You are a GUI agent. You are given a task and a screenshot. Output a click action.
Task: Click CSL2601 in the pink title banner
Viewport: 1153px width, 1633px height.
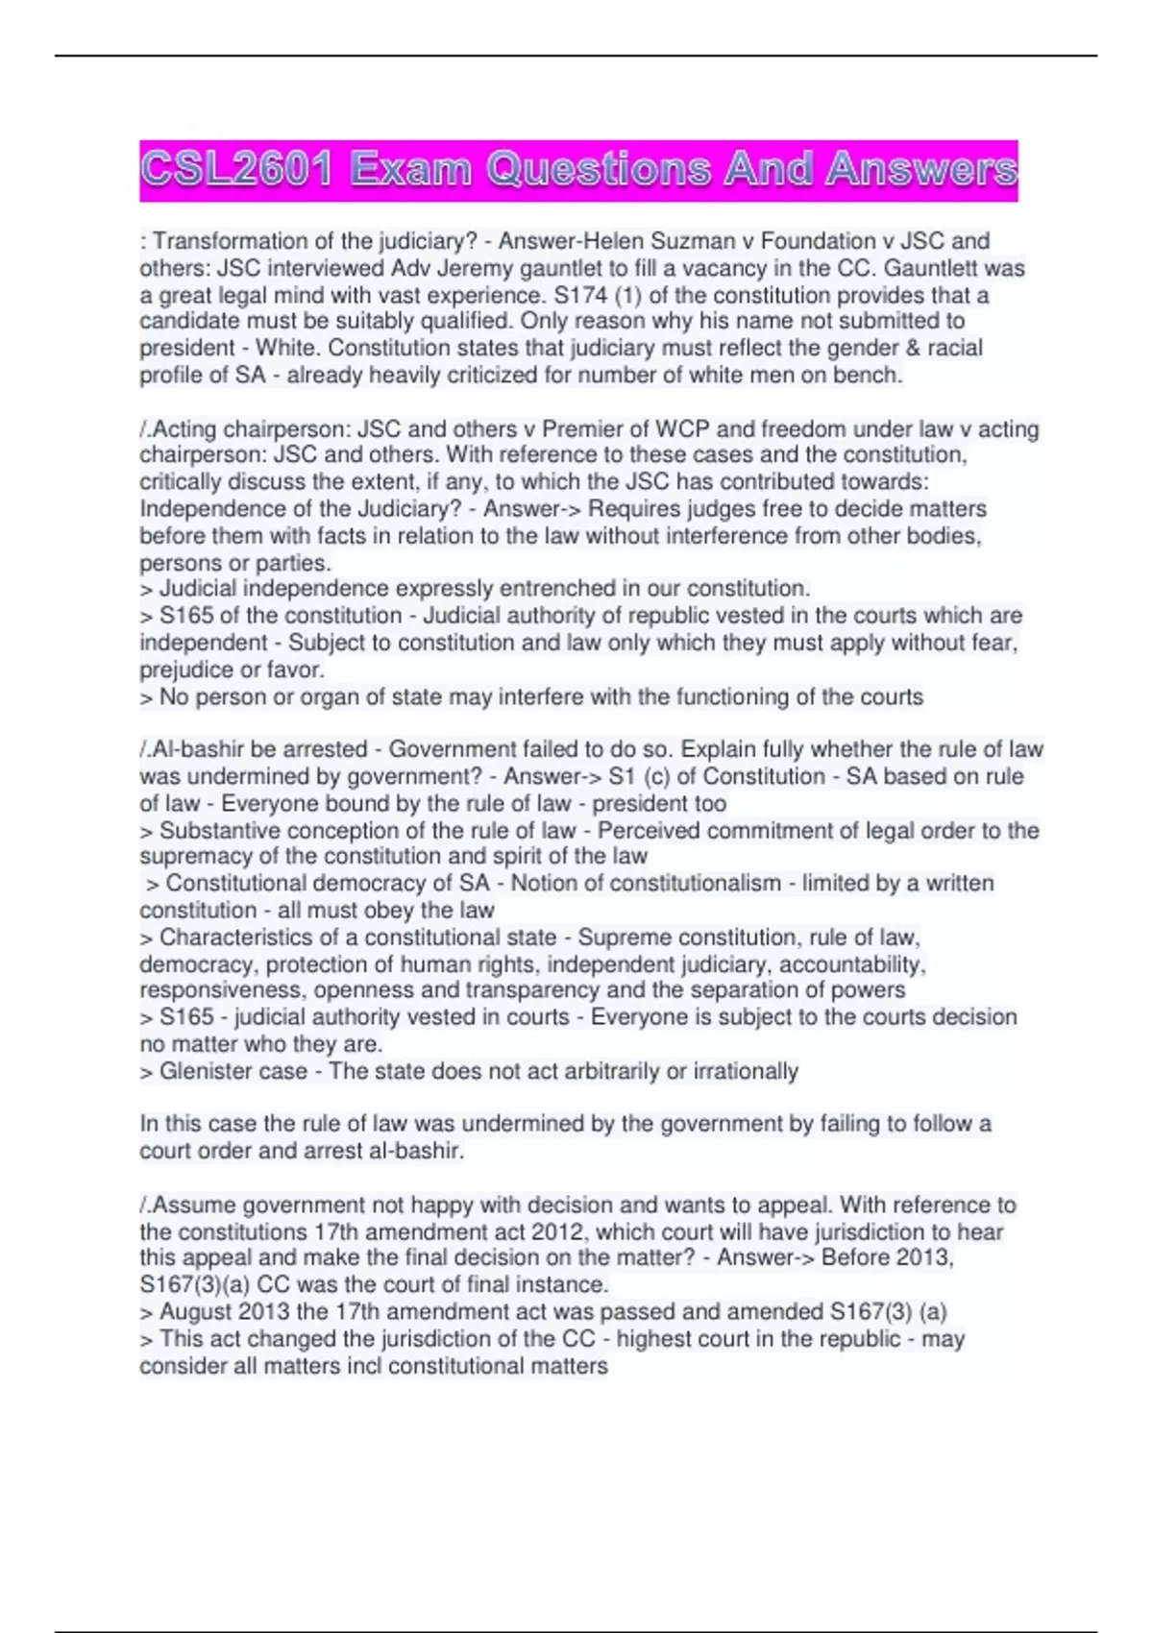point(236,170)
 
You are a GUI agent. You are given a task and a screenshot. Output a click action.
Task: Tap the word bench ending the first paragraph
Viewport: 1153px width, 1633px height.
point(869,375)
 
